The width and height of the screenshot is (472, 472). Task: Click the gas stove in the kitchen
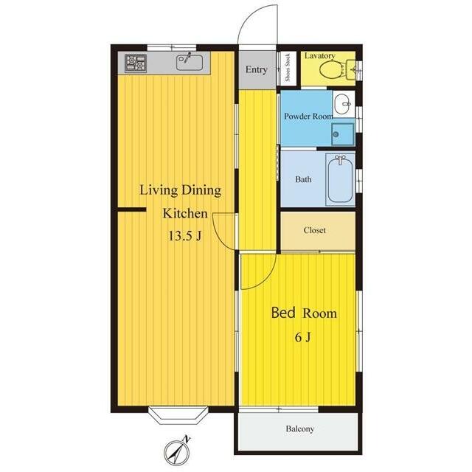[136, 63]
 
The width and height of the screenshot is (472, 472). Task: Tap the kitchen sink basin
[190, 63]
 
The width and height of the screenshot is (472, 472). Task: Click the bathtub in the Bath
[341, 180]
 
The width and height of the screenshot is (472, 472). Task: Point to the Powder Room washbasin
[343, 103]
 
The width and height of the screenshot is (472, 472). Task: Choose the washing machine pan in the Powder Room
[342, 134]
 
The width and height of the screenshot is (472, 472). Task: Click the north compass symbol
[178, 451]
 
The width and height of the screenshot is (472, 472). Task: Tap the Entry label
[257, 69]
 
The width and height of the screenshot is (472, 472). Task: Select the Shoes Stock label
[288, 67]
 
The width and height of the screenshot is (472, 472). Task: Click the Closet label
[315, 230]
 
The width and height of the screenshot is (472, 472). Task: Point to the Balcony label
[300, 428]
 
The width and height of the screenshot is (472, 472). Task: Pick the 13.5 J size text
[184, 236]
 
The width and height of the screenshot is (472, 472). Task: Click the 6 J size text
[303, 338]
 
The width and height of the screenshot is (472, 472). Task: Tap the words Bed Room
[304, 313]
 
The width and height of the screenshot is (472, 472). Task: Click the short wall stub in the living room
[132, 209]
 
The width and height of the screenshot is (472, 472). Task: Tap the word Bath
[303, 179]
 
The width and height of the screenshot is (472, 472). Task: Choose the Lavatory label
[319, 56]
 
